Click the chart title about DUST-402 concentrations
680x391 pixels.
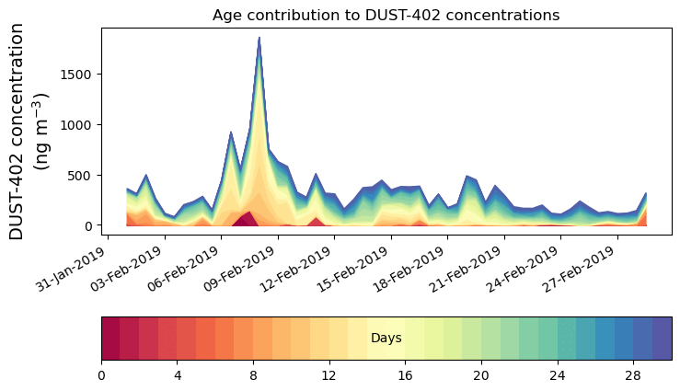pyautogui.click(x=386, y=15)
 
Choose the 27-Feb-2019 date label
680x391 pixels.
pyautogui.click(x=584, y=268)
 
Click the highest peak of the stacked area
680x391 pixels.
pyautogui.click(x=259, y=39)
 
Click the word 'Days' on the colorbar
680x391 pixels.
pyautogui.click(x=386, y=339)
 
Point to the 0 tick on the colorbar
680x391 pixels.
pyautogui.click(x=101, y=375)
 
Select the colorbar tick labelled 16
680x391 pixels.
pyautogui.click(x=405, y=375)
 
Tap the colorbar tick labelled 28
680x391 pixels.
pyautogui.click(x=633, y=375)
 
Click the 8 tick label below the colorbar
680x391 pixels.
pyautogui.click(x=253, y=375)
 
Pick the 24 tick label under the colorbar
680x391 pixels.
pyautogui.click(x=557, y=375)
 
